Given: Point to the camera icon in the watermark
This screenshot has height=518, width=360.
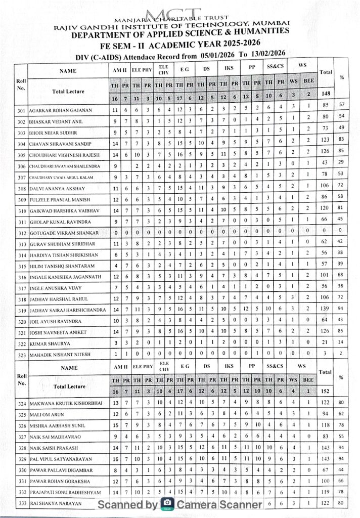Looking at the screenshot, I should point(167,504).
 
